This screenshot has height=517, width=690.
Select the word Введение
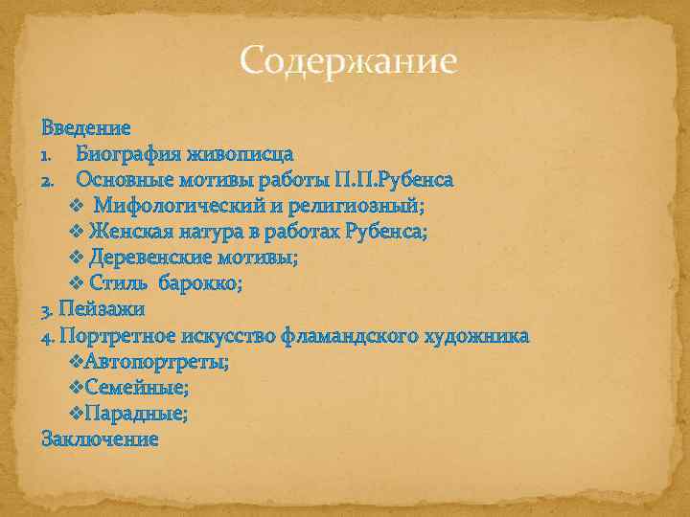86,126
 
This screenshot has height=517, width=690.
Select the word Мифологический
189,205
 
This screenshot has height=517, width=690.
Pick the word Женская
130,232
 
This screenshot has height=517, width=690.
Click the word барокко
206,283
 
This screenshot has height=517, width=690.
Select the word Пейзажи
102,309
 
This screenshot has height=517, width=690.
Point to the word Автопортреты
156,361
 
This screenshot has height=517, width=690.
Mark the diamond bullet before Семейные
78,387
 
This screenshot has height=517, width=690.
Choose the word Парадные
136,413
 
